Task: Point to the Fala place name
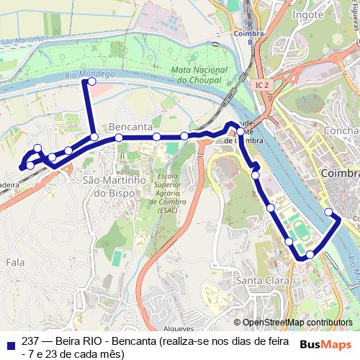[x=16, y=264]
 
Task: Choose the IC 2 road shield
[x=261, y=85]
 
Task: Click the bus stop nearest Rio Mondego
[x=91, y=82]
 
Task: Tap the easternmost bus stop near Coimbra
[x=328, y=212]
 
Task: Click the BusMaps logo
[x=326, y=344]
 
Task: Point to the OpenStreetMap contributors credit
[x=297, y=323]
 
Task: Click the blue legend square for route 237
[x=9, y=342]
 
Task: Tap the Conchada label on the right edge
[x=343, y=131]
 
